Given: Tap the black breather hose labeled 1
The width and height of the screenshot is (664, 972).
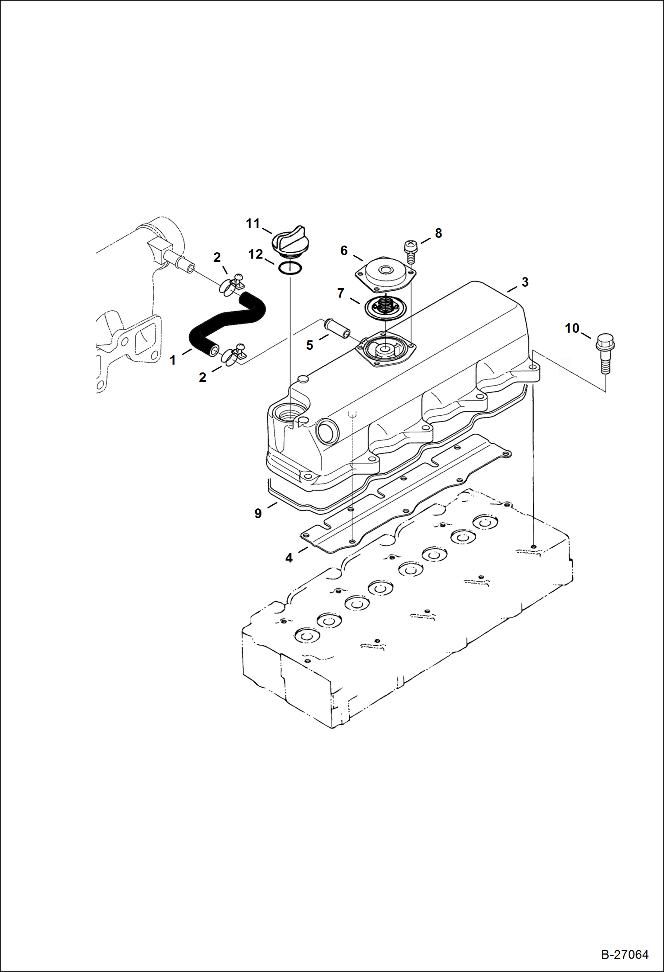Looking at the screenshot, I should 226,321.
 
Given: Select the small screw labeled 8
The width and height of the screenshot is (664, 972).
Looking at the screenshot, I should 410,251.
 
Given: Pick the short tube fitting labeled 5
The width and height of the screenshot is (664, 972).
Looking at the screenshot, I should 338,327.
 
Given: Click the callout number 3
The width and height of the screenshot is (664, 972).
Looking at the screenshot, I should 525,282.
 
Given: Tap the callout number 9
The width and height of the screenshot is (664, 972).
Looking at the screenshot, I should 258,513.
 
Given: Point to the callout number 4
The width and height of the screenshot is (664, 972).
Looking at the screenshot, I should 289,558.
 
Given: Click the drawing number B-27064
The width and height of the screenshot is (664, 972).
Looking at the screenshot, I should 625,955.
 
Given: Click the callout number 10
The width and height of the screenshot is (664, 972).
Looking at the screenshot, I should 572,328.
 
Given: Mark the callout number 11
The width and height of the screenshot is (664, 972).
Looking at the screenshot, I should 253,223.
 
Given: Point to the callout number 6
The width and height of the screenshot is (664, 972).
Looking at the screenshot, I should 344,250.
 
